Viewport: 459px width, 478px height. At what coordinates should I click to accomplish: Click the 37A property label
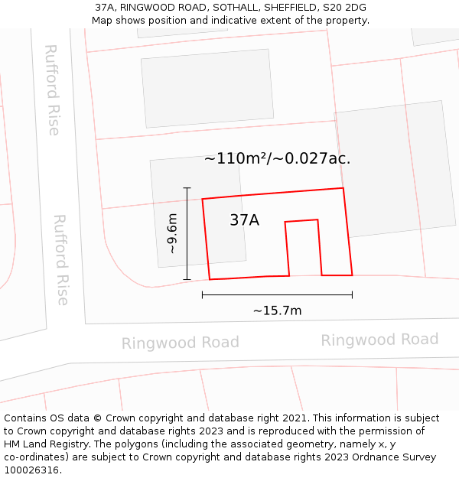pyautogui.click(x=244, y=220)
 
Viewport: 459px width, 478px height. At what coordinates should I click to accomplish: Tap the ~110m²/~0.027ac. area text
pyautogui.click(x=277, y=159)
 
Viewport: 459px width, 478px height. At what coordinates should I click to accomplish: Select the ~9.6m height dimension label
pyautogui.click(x=172, y=233)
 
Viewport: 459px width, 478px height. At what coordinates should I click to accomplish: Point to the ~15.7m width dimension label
pyautogui.click(x=277, y=311)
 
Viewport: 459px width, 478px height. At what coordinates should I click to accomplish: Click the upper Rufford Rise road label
pyautogui.click(x=52, y=89)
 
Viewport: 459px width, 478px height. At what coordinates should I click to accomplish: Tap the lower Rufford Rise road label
pyautogui.click(x=61, y=259)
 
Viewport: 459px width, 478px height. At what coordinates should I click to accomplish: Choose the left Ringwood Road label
pyautogui.click(x=181, y=343)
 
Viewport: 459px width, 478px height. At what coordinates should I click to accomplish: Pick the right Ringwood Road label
pyautogui.click(x=379, y=340)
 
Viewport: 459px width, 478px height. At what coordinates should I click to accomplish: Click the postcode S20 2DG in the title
pyautogui.click(x=346, y=8)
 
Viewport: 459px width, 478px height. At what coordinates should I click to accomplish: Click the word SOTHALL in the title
pyautogui.click(x=234, y=8)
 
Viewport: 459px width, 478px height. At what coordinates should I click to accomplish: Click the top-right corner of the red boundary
pyautogui.click(x=343, y=188)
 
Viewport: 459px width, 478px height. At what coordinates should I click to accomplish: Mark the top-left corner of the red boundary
pyautogui.click(x=203, y=200)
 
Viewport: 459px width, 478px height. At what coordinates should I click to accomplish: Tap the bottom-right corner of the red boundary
pyautogui.click(x=352, y=275)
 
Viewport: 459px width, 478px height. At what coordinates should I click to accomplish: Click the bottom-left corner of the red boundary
pyautogui.click(x=210, y=279)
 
